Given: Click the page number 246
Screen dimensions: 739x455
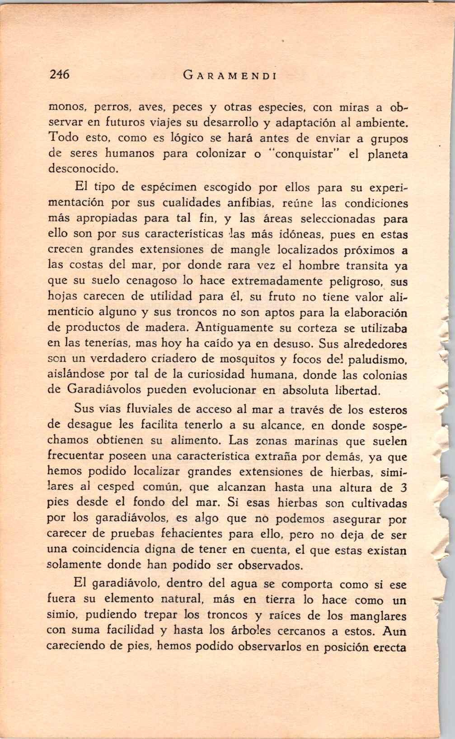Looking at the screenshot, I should pyautogui.click(x=59, y=75).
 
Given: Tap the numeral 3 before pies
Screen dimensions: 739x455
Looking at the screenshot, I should pyautogui.click(x=403, y=488).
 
